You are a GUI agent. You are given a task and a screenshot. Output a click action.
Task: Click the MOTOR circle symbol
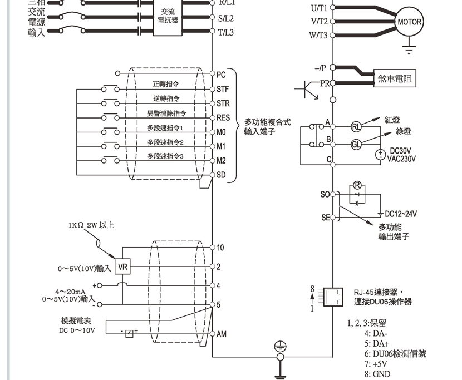(409, 22)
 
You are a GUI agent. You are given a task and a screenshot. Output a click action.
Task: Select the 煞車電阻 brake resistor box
(395, 79)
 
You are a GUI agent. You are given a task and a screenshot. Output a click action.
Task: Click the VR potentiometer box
(123, 268)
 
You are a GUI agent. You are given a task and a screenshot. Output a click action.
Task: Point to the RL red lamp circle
(356, 126)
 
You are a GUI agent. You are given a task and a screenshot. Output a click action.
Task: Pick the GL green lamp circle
(356, 145)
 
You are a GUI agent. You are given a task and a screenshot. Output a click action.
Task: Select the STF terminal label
(223, 89)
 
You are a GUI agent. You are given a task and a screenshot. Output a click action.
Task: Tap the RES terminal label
(223, 118)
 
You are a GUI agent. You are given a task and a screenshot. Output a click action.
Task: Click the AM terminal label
(222, 334)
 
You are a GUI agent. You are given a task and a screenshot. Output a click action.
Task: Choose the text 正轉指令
(166, 85)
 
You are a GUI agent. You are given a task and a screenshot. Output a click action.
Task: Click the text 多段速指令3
(165, 156)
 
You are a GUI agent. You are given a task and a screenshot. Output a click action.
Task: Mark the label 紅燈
(392, 120)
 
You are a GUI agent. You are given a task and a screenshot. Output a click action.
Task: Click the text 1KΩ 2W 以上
(92, 225)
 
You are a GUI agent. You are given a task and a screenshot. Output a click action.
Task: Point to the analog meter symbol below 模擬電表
(129, 333)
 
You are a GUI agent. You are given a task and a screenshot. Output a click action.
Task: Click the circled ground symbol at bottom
(278, 347)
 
